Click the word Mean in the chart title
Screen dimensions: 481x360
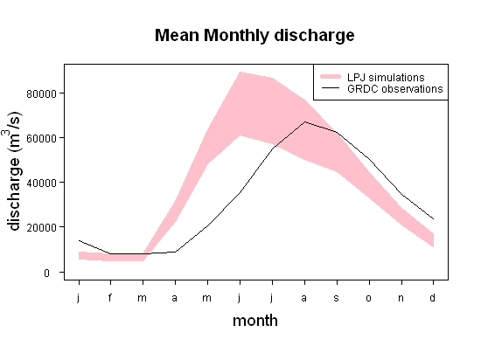pos(177,35)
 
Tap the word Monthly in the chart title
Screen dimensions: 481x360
pos(236,36)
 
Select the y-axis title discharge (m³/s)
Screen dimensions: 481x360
pos(13,171)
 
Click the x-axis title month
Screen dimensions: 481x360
pos(255,321)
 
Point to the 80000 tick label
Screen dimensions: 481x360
pos(41,93)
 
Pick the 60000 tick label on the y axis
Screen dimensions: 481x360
pos(41,138)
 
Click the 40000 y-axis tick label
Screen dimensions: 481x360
pos(41,183)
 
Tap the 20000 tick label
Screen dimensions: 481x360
pos(41,228)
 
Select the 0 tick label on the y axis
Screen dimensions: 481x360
pos(46,273)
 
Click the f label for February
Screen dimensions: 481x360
pos(110,297)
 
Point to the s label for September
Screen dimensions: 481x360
pos(337,298)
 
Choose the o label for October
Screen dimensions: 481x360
pos(369,298)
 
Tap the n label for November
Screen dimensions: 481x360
pos(401,298)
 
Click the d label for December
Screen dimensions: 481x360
pos(433,297)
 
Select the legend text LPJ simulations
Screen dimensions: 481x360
pos(386,77)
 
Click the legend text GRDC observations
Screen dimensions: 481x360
pos(395,89)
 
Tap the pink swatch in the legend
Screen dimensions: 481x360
pos(331,77)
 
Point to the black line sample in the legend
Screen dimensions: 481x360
pos(331,88)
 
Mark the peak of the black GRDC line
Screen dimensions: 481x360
pos(305,122)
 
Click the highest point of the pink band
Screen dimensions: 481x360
pos(240,73)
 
